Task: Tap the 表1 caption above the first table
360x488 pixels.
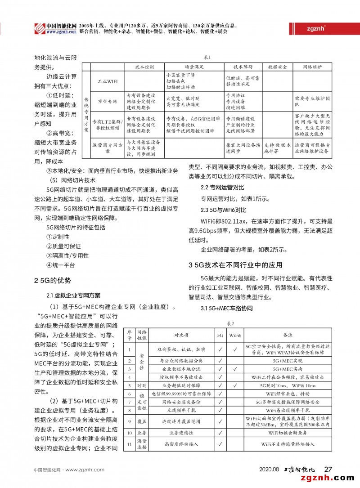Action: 208,57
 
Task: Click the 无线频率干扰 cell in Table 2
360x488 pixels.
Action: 181,410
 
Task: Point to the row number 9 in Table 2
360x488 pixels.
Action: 129,421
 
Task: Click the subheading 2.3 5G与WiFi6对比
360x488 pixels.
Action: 224,210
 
